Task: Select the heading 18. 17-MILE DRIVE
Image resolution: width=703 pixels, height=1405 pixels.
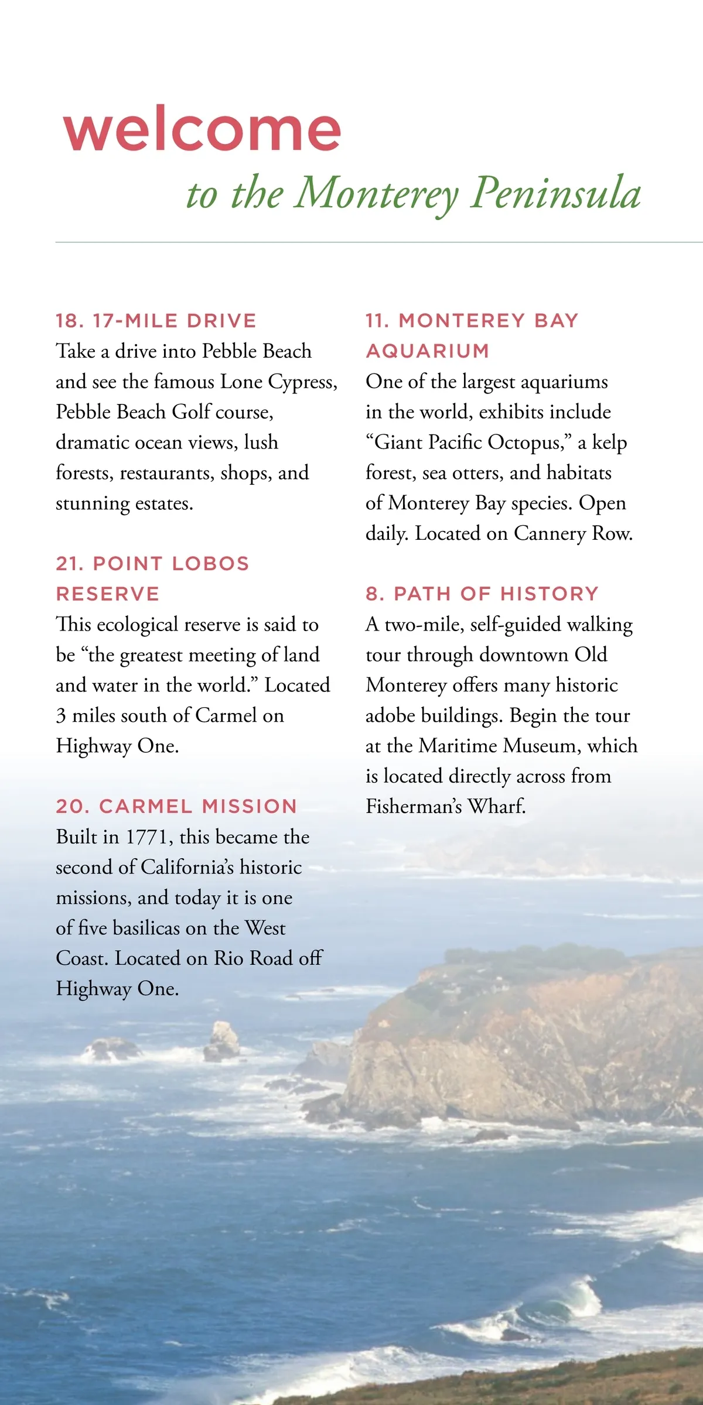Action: coord(156,321)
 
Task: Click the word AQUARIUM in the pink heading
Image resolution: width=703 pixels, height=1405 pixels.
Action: coord(427,351)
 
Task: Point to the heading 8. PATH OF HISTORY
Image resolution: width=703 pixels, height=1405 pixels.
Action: coord(482,594)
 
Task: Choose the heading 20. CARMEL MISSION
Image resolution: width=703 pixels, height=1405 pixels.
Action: coord(176,807)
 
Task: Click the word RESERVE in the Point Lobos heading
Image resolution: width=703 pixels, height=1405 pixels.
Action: coord(108,594)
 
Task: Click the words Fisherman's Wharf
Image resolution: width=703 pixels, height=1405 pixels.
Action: coord(445,807)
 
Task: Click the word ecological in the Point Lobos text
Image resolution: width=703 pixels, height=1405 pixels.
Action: coord(137,625)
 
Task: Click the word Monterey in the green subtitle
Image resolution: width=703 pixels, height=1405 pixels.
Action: coord(376,193)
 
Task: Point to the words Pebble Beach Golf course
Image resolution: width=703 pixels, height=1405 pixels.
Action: coord(165,412)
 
